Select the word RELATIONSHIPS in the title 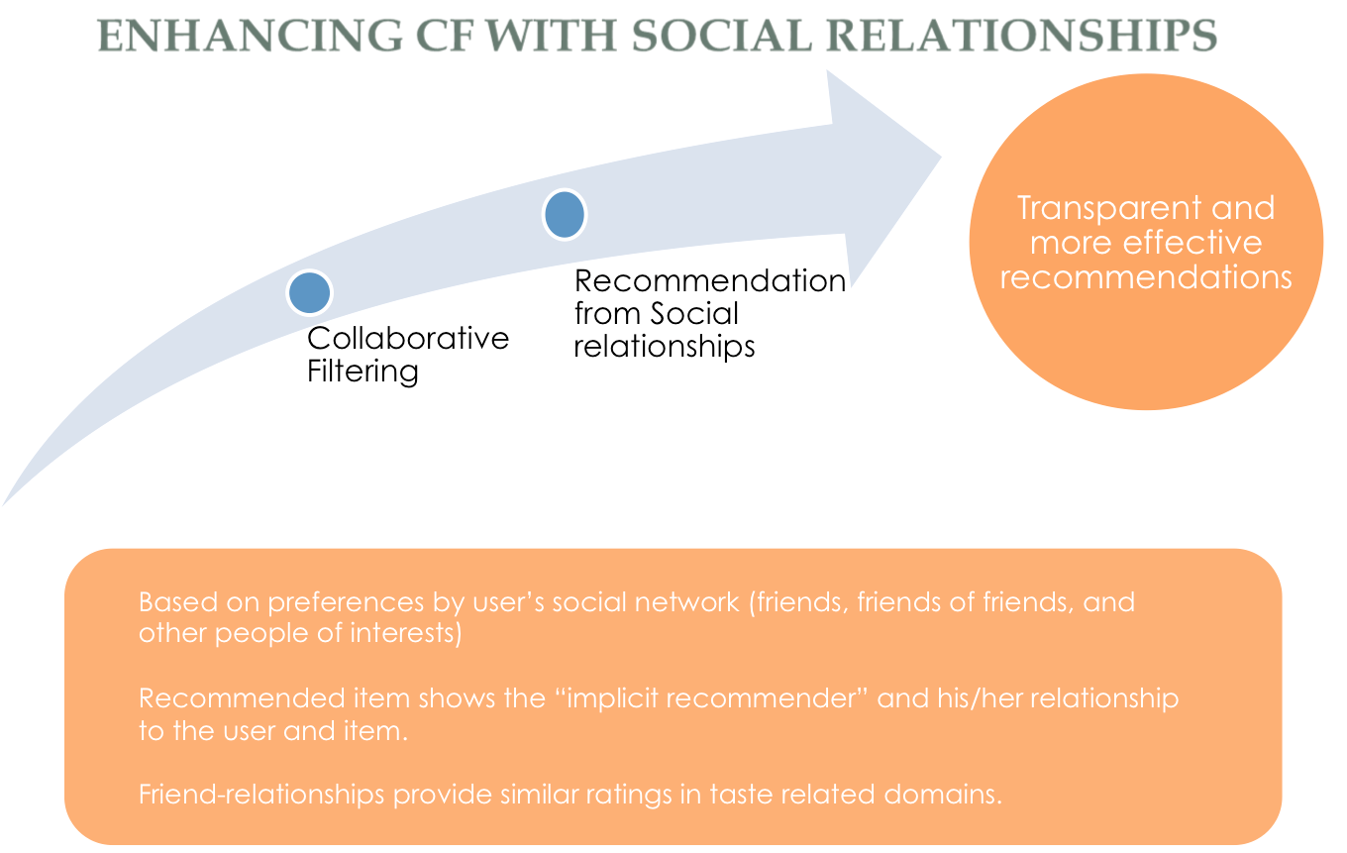point(1020,36)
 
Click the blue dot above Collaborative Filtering point(309,292)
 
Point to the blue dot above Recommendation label point(565,215)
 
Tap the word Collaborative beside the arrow point(408,339)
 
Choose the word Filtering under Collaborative point(363,373)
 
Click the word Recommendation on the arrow point(710,281)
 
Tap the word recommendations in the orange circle point(1146,276)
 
